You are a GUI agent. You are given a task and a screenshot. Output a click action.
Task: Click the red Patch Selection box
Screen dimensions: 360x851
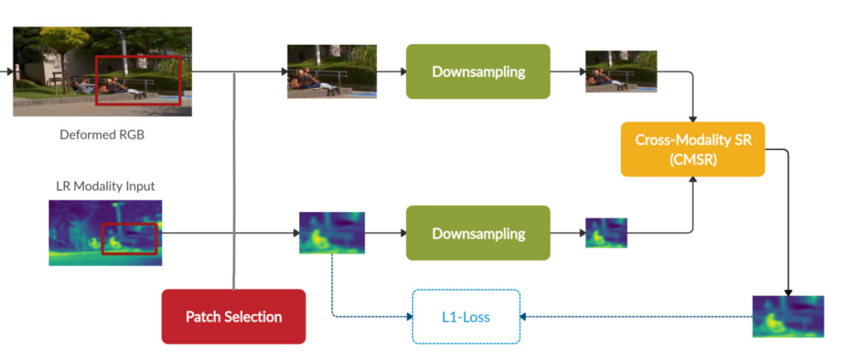tap(234, 316)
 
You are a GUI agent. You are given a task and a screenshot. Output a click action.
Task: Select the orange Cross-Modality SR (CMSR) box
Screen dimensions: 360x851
tap(692, 149)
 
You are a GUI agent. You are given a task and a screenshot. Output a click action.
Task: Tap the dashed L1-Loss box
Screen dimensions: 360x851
tap(465, 316)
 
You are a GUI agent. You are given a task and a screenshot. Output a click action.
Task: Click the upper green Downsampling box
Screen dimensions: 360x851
tap(478, 72)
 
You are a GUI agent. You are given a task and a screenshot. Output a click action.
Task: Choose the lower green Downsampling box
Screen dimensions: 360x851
tap(478, 233)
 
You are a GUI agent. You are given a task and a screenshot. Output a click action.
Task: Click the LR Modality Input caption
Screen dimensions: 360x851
tap(106, 185)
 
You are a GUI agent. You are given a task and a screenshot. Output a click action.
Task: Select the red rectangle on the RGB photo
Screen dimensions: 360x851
tap(138, 80)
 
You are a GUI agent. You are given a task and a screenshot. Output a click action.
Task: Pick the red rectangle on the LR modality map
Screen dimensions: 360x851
tap(129, 239)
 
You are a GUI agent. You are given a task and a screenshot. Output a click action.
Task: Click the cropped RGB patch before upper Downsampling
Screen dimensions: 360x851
tap(320, 72)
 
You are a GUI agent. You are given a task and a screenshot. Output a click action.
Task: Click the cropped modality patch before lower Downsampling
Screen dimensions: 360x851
tap(332, 233)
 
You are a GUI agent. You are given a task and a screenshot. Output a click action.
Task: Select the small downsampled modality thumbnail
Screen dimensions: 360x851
tap(606, 233)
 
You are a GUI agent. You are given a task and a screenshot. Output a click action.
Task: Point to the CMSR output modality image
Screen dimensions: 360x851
tap(788, 316)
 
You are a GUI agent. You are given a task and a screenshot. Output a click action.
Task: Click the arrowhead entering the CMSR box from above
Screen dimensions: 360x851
tap(692, 119)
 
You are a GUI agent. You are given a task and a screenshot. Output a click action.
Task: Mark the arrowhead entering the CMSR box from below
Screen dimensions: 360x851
tap(692, 180)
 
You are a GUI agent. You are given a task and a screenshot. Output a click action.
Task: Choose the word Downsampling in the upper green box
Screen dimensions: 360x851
tap(478, 72)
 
